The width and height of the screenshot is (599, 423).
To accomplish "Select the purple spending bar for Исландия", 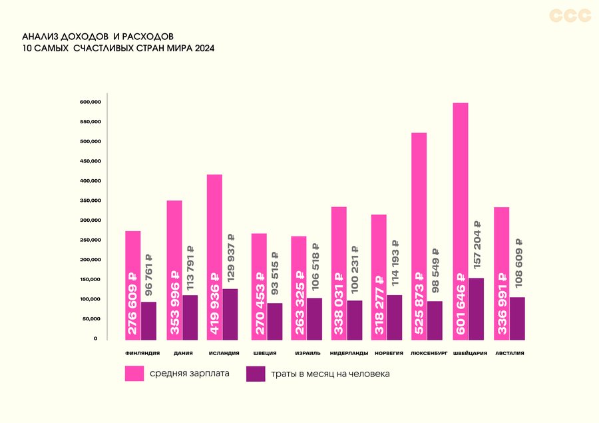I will (x=230, y=314).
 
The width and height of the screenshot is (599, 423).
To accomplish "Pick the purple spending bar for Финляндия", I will (x=148, y=320).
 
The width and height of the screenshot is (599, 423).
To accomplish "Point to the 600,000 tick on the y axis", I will (x=89, y=102).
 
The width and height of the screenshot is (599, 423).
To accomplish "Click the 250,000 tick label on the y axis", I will (x=89, y=240).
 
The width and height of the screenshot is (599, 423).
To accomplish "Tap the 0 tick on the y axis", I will (x=95, y=338).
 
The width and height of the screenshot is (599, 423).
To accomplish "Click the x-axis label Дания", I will (x=178, y=353).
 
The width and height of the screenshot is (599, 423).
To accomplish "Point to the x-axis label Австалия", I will (x=510, y=353).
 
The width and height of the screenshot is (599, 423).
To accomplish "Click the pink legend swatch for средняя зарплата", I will (x=134, y=373).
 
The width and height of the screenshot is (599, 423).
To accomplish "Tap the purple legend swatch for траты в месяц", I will (x=256, y=374).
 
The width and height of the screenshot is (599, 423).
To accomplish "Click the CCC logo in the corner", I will (x=570, y=15).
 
